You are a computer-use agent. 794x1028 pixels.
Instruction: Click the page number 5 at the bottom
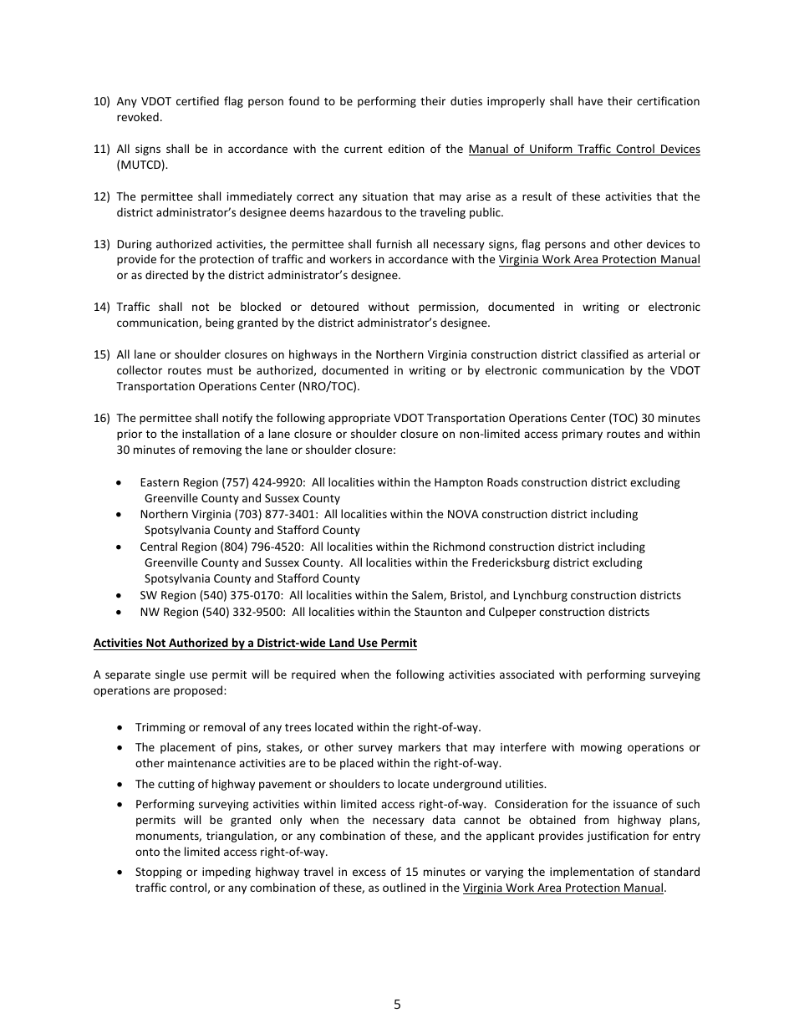coord(397,1005)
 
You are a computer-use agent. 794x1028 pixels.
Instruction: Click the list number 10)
coord(101,102)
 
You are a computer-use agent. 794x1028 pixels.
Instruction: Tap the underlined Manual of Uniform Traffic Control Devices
coord(584,150)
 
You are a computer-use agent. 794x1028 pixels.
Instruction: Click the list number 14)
coord(101,308)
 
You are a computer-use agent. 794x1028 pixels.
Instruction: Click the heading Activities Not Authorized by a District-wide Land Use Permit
coord(255,643)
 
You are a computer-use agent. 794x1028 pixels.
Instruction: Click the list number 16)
coord(101,419)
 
